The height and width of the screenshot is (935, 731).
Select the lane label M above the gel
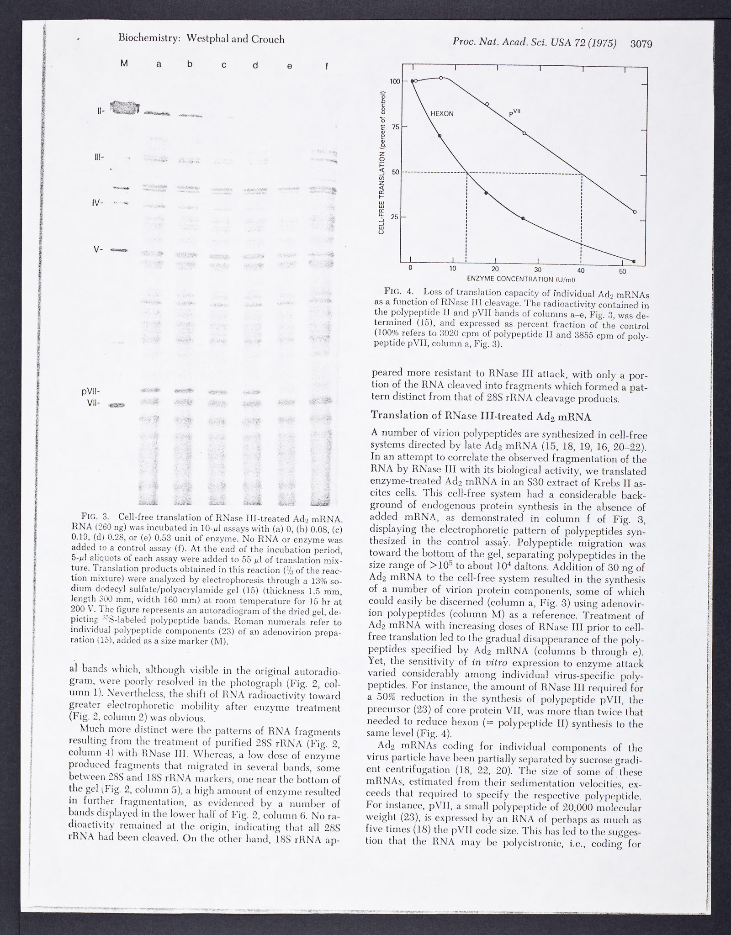click(x=124, y=64)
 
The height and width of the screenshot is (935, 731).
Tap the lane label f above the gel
click(x=326, y=66)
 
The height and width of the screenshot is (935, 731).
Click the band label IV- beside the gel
click(x=98, y=203)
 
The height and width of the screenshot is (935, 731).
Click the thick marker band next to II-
click(x=124, y=108)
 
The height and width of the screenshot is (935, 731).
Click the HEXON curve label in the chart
click(x=442, y=114)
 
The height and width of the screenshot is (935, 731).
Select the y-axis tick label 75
click(x=392, y=127)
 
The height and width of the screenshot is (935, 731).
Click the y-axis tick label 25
click(x=392, y=217)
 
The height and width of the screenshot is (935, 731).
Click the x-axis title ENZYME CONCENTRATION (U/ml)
click(x=520, y=279)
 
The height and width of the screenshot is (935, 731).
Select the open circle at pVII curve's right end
click(x=635, y=211)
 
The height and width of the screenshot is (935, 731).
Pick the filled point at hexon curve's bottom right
click(x=634, y=261)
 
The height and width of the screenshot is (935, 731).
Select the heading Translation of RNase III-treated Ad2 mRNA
click(x=481, y=416)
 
